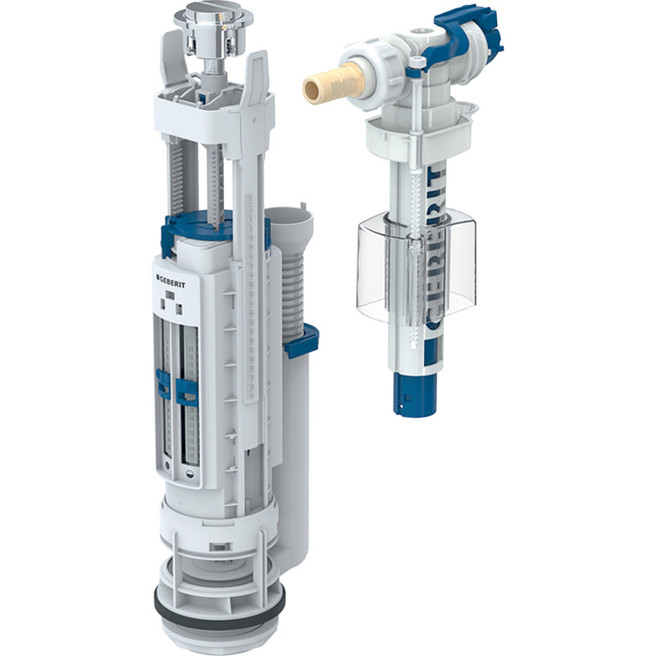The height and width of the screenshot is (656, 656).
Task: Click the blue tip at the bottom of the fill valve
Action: coord(414,394)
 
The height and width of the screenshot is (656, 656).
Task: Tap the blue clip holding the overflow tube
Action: coord(301,340)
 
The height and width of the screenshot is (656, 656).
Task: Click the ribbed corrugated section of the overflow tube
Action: coord(294,293)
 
